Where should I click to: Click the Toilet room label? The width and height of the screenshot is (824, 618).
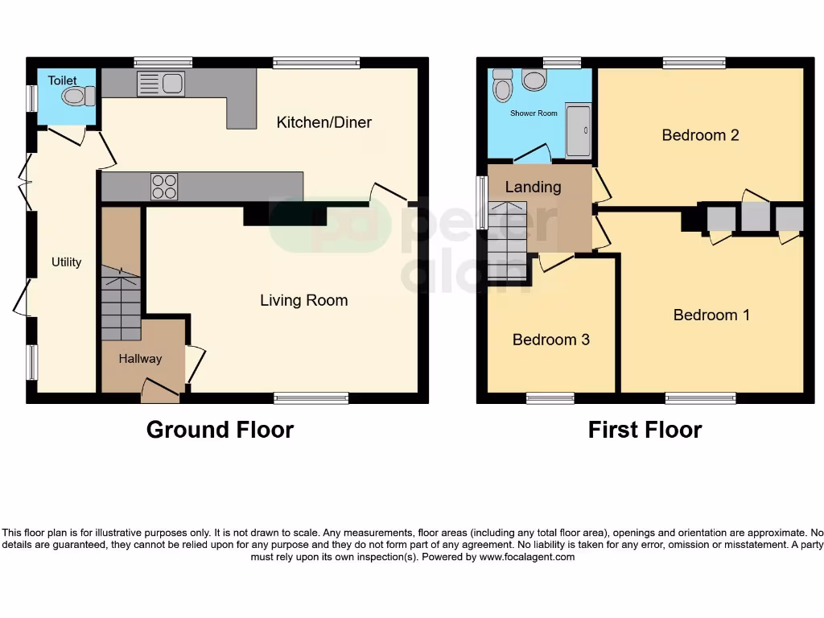point(62,80)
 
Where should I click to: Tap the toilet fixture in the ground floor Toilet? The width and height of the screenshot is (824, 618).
point(78,97)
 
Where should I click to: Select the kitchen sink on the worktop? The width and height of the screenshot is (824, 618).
point(161,83)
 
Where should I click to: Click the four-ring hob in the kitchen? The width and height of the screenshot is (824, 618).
point(164,187)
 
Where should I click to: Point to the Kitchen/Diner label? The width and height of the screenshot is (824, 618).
point(323,122)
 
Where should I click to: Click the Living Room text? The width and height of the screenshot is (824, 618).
point(303,300)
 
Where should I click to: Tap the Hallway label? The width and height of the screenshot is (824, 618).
point(140,359)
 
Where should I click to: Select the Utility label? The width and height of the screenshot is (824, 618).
point(66,262)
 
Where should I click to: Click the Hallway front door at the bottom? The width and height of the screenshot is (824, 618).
point(160,392)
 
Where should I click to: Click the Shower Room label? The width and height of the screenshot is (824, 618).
point(534,113)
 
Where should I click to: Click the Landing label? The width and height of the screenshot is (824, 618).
point(533,187)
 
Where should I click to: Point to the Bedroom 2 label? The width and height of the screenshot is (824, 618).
point(700,135)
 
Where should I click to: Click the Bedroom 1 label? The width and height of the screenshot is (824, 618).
point(711,315)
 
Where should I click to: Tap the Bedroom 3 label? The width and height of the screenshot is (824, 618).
point(550,340)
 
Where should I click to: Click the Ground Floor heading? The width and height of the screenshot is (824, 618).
point(220,430)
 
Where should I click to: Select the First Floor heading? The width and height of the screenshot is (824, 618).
point(645,430)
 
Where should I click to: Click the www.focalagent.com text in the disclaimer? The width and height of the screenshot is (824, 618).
point(526,557)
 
